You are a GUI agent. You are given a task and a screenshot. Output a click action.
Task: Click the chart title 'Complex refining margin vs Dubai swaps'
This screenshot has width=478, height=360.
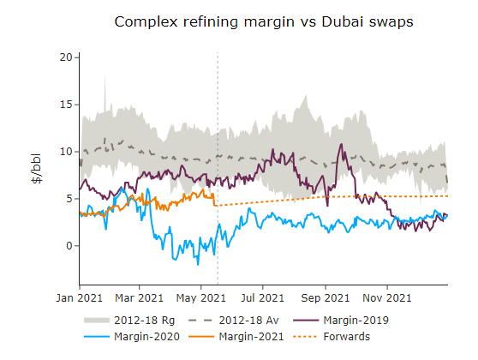(x=264, y=22)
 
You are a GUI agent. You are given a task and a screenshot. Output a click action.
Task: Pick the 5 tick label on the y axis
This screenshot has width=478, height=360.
(x=69, y=199)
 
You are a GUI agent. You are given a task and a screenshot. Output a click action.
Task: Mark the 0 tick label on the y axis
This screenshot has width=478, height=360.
(x=69, y=246)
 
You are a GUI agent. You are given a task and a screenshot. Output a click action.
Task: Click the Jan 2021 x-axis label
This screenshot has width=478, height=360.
(x=79, y=298)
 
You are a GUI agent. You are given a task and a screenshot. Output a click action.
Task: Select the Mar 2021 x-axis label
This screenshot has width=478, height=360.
(x=139, y=298)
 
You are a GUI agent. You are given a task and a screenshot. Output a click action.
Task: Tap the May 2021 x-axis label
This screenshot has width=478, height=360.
(x=200, y=298)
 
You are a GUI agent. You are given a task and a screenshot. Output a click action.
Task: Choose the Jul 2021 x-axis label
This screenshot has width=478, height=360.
(x=262, y=298)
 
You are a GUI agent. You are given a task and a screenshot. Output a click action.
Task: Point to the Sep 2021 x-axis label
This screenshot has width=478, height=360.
(x=325, y=298)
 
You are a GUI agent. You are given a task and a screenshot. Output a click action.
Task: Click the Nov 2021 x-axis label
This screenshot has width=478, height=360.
(x=386, y=298)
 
